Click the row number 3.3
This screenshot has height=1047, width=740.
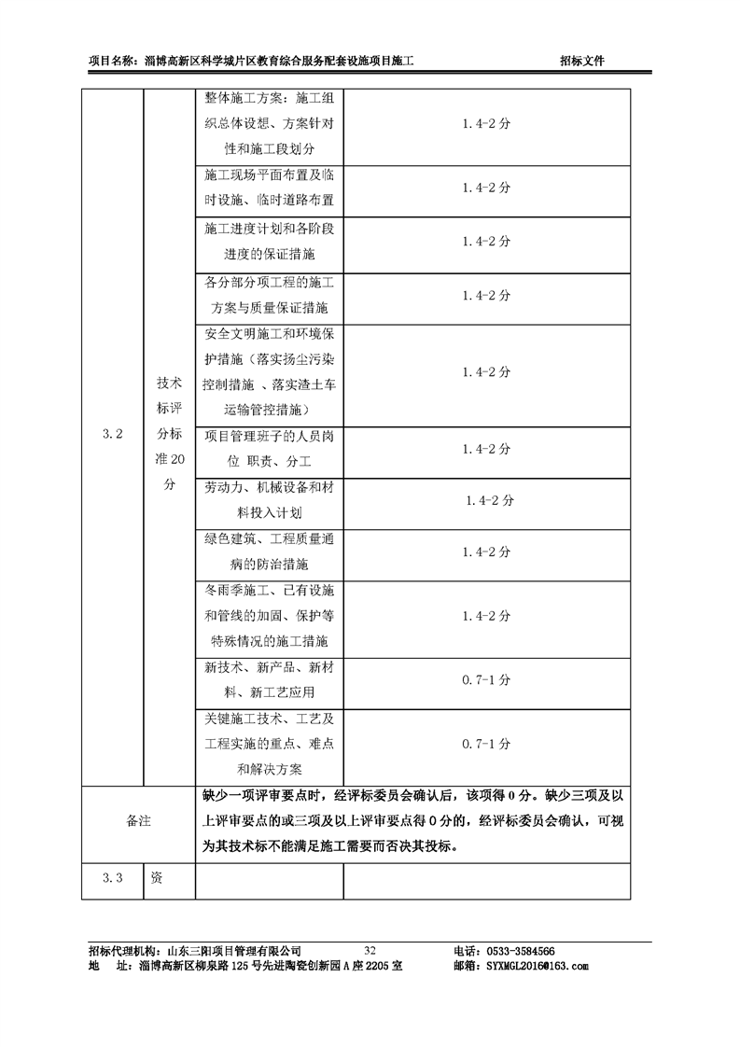(112, 878)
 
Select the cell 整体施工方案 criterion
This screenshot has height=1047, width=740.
(270, 123)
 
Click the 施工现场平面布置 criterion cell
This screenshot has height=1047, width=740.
(270, 188)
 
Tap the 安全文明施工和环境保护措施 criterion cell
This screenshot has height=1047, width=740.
(270, 371)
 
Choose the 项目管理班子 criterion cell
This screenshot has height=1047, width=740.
(270, 449)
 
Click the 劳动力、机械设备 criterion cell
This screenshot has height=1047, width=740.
(270, 500)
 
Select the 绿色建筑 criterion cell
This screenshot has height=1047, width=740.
(270, 552)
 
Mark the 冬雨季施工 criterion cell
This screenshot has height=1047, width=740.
(270, 616)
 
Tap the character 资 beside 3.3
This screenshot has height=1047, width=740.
(157, 878)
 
